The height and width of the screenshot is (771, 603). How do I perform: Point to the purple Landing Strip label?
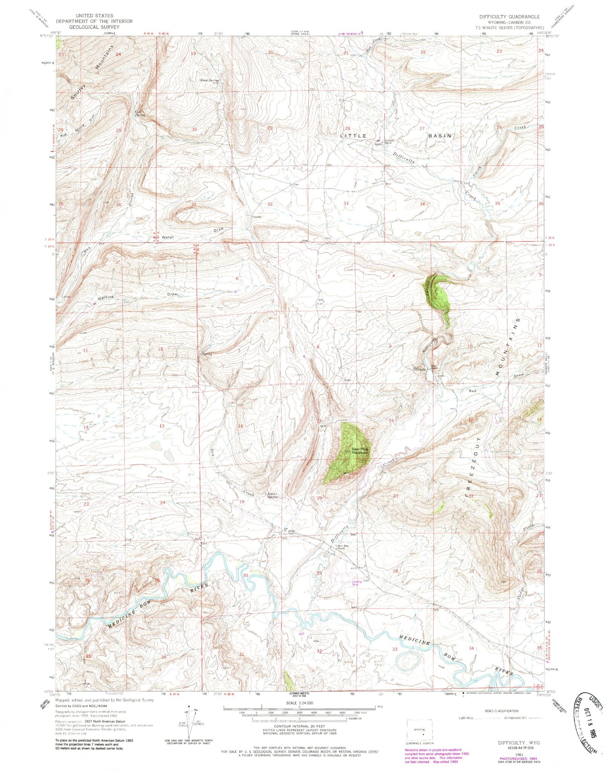click(357, 583)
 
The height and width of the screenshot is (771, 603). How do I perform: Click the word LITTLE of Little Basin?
click(353, 136)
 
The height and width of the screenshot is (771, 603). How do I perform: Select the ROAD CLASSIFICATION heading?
click(501, 711)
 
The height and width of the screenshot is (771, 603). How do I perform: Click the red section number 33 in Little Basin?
click(346, 203)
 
